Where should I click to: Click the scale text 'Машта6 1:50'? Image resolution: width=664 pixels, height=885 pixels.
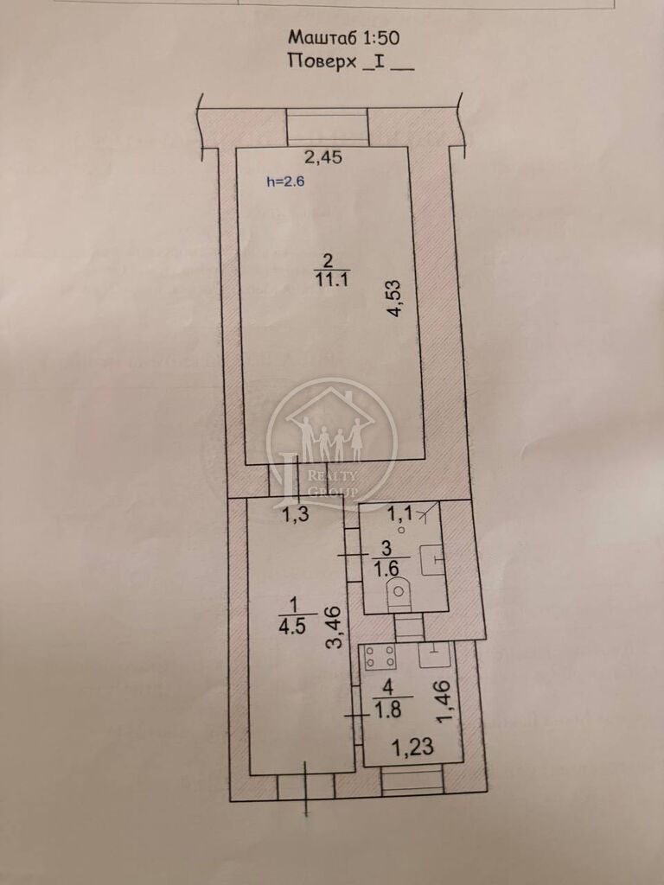pos(344,38)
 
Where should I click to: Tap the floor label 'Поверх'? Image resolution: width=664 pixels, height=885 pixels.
pos(322,61)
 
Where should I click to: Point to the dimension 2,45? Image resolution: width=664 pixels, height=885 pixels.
pos(323,157)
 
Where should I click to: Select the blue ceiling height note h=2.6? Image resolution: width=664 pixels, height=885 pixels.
pos(285,181)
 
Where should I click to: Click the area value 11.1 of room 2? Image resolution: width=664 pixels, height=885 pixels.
pos(329,279)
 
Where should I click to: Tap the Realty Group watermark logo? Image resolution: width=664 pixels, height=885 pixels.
pos(332,442)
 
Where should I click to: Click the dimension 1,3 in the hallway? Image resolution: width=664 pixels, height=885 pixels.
pos(296,514)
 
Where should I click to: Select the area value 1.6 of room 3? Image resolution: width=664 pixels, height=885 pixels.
pos(386,568)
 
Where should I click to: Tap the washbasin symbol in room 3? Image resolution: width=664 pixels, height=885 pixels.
pos(433,560)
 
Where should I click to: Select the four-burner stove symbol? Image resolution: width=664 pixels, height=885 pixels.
pos(380,657)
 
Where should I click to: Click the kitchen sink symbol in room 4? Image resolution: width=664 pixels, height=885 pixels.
pos(434,655)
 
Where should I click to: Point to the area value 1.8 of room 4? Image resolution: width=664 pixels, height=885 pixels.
pos(388,710)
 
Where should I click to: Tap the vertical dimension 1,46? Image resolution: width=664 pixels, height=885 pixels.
pos(444,701)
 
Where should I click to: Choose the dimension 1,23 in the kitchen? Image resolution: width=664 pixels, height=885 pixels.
pos(412,748)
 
